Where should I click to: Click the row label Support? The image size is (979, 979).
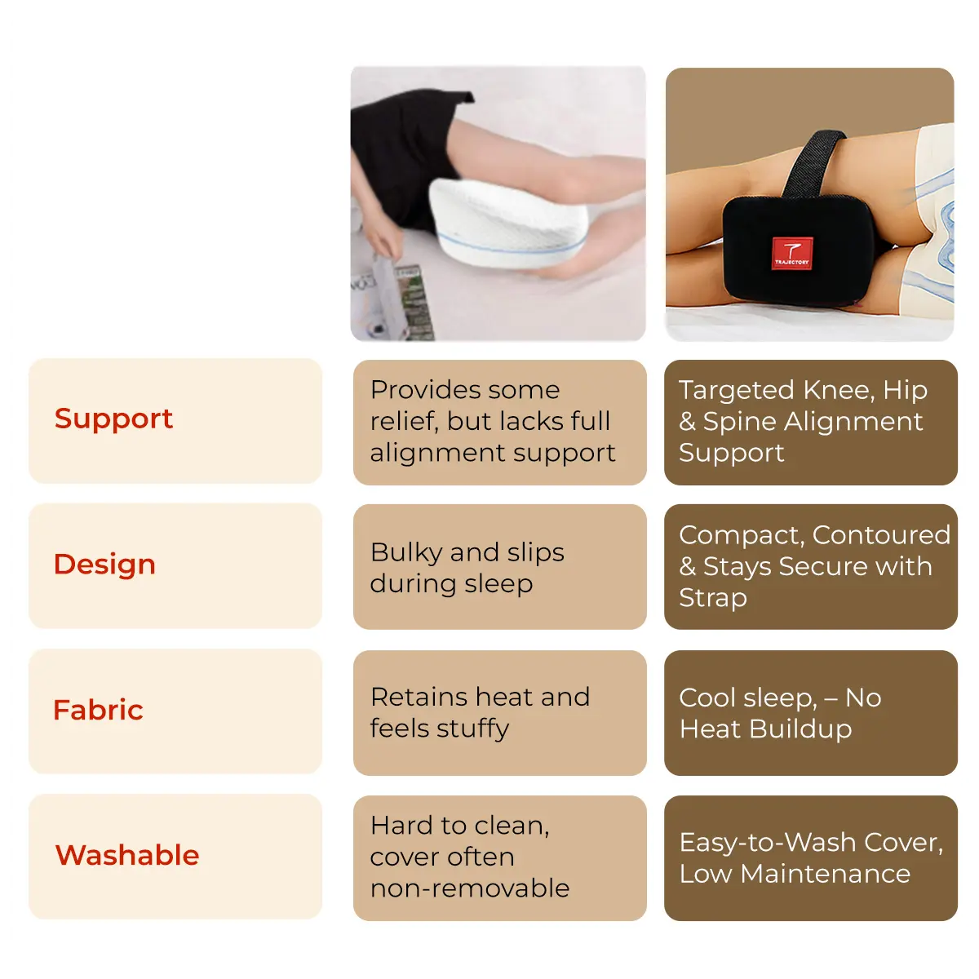[x=113, y=419]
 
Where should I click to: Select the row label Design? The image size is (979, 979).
[x=104, y=565]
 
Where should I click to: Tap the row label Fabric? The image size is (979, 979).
[x=98, y=710]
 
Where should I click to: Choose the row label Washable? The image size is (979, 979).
[x=127, y=855]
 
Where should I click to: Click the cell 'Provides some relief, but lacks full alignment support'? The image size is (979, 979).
[x=499, y=422]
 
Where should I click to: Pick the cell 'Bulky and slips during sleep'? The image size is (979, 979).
[x=499, y=567]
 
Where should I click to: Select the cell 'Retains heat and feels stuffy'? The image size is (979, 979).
[x=499, y=712]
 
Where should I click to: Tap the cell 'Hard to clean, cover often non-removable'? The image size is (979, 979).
[x=499, y=857]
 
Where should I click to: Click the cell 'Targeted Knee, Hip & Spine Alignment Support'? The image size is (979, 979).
[x=810, y=422]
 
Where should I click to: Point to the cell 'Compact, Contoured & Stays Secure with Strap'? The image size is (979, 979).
[x=810, y=567]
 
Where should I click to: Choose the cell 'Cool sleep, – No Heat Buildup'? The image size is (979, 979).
[x=810, y=712]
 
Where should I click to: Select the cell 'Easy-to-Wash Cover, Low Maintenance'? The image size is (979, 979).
[x=810, y=857]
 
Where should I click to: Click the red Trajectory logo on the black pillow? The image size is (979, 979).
[x=791, y=252]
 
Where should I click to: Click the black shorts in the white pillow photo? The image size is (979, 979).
[x=400, y=155]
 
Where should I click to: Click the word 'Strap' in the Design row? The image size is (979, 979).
[x=713, y=598]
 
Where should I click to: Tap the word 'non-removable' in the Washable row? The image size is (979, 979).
[x=470, y=888]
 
